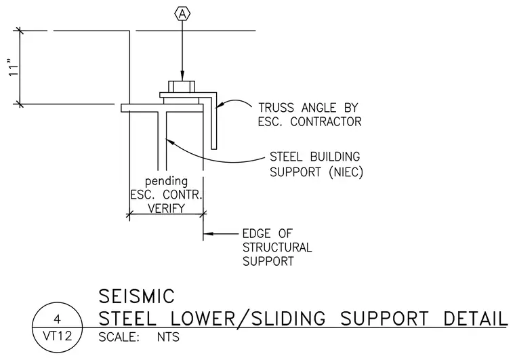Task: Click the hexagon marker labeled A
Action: (x=182, y=14)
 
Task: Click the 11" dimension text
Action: (x=14, y=68)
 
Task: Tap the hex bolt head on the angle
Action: (x=182, y=87)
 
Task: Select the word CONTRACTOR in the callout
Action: (x=326, y=121)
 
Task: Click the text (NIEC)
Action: (x=346, y=172)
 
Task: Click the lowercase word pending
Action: (x=167, y=181)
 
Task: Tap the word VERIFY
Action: (x=166, y=208)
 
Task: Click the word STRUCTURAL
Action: (x=277, y=247)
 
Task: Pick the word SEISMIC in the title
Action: (x=136, y=296)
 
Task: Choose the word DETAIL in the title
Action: (x=476, y=318)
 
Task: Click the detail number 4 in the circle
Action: (x=58, y=319)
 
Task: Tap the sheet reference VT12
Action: (x=58, y=336)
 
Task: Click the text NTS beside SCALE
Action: (x=168, y=337)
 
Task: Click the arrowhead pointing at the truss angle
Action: (x=220, y=105)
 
